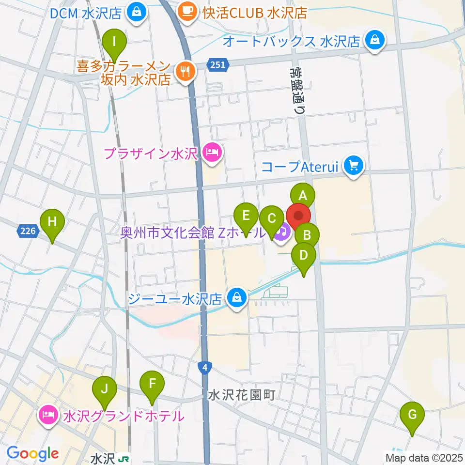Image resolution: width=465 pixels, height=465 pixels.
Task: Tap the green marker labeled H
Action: [52, 222]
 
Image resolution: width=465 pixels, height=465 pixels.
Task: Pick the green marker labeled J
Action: [104, 388]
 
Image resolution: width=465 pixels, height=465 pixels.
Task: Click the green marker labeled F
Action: [152, 385]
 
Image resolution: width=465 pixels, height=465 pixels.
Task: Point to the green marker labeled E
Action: [246, 215]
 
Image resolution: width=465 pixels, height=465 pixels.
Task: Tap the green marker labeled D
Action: [304, 255]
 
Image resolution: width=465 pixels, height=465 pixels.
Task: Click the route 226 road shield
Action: [28, 232]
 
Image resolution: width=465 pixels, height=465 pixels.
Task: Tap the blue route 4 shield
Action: [206, 368]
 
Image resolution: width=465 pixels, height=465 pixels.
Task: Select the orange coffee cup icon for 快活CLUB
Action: [186, 10]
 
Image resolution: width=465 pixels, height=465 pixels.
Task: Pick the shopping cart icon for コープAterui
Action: [353, 166]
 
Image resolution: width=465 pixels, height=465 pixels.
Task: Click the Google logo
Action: [32, 454]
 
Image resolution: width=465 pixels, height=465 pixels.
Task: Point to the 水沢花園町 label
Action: [241, 396]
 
